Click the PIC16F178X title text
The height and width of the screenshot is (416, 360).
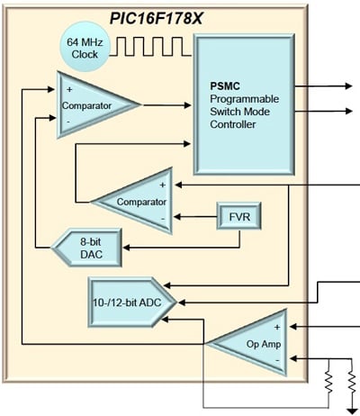181,14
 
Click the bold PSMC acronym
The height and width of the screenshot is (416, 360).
225,84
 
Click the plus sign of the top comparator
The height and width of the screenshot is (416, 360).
67,89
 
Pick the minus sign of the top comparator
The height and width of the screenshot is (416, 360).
67,120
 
